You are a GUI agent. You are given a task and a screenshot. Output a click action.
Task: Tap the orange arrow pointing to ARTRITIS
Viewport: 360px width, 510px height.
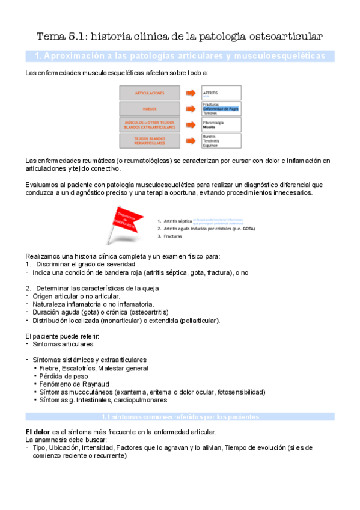191,93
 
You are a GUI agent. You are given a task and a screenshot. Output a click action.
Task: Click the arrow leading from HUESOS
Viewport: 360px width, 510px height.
191,109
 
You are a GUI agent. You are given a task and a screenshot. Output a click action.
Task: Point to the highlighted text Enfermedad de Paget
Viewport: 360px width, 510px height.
221,109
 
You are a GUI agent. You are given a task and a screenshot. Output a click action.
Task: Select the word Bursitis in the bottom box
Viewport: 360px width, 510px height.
210,137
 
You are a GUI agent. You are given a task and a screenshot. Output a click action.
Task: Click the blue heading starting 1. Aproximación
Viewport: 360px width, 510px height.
180,56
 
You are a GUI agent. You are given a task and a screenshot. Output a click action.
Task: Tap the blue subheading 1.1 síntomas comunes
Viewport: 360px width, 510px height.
180,416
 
